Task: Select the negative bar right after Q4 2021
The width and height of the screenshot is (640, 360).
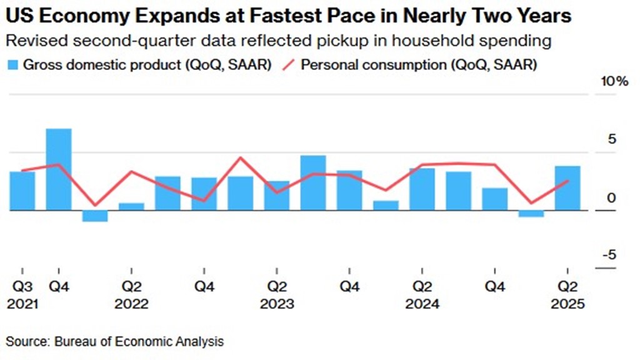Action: click(x=95, y=216)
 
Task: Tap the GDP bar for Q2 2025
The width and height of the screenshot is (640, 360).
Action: click(x=567, y=188)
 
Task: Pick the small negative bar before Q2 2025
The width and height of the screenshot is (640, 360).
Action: click(x=531, y=214)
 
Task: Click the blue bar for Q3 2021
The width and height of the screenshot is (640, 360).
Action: click(x=22, y=191)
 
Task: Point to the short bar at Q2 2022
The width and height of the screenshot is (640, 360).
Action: click(x=131, y=206)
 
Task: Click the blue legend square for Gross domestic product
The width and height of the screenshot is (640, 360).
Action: click(x=12, y=64)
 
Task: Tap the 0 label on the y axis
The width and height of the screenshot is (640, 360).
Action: click(x=612, y=197)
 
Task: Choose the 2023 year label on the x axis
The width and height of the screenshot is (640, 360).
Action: click(x=277, y=304)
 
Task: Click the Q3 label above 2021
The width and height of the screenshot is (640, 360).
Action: click(x=22, y=287)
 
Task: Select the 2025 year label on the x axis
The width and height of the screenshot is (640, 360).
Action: click(x=567, y=304)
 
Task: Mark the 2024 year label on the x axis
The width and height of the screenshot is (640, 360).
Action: click(x=422, y=304)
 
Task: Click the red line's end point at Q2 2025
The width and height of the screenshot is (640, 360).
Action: click(x=567, y=181)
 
